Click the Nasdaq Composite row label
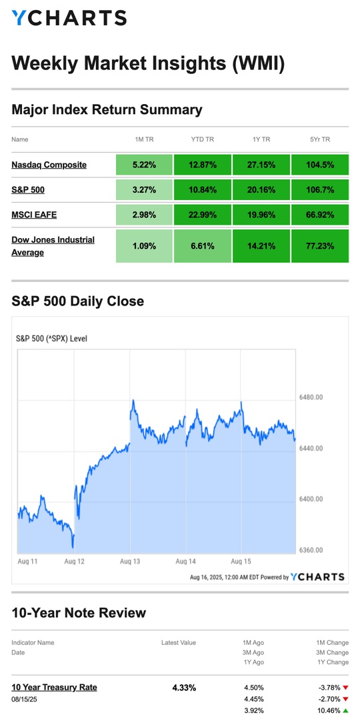49,165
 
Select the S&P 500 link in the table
28,189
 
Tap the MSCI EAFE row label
34,213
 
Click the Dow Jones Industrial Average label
53,245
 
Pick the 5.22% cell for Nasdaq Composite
145,165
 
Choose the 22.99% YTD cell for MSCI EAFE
203,213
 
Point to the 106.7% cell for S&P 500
319,189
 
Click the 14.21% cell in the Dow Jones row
261,245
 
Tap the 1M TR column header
145,139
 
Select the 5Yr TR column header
319,139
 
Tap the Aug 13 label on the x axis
131,561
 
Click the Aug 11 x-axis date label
27,561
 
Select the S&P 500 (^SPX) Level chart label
51,339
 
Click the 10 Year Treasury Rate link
54,687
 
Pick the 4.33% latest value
185,688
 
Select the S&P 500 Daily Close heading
77,301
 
